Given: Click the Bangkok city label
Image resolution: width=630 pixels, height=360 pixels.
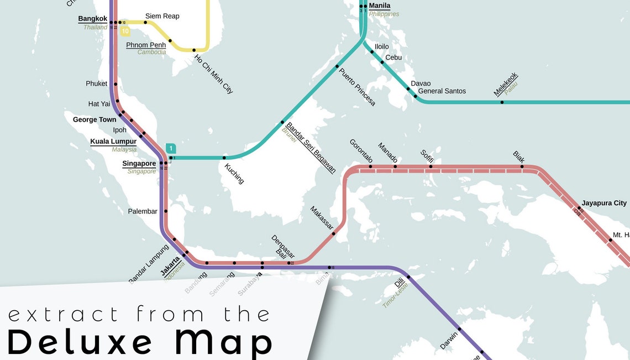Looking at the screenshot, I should point(92,19).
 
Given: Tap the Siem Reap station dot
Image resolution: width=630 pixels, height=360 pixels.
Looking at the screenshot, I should point(145,23).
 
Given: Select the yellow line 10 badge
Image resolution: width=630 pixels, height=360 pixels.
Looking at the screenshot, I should point(125,32).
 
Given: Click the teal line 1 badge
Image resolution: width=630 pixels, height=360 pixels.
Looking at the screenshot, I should point(171,148).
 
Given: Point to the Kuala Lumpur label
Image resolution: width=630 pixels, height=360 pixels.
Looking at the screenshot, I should point(113,142).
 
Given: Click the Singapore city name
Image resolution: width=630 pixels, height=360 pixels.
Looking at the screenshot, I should point(139,164).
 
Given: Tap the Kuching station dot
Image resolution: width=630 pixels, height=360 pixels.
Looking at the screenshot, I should point(224,158).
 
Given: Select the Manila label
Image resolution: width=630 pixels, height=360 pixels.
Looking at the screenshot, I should point(380,6).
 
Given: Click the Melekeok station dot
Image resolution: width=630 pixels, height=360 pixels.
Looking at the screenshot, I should point(502,102).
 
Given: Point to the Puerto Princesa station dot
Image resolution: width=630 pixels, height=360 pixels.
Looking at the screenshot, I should point(337,66).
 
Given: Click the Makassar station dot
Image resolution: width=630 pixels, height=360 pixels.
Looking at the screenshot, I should point(333,233).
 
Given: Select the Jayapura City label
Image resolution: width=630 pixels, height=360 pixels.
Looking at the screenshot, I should point(604,203).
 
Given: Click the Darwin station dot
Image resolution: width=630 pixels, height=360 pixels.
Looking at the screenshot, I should point(459,329).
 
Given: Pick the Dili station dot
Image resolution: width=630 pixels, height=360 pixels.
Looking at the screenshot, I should point(408,276).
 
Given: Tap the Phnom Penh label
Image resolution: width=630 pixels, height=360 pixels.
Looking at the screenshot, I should point(146,45).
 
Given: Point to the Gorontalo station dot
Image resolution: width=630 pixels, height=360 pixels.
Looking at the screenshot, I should point(370,166).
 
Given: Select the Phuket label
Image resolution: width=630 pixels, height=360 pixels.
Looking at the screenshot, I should point(96,84).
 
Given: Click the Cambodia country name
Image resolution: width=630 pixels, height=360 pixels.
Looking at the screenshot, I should point(151,52).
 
